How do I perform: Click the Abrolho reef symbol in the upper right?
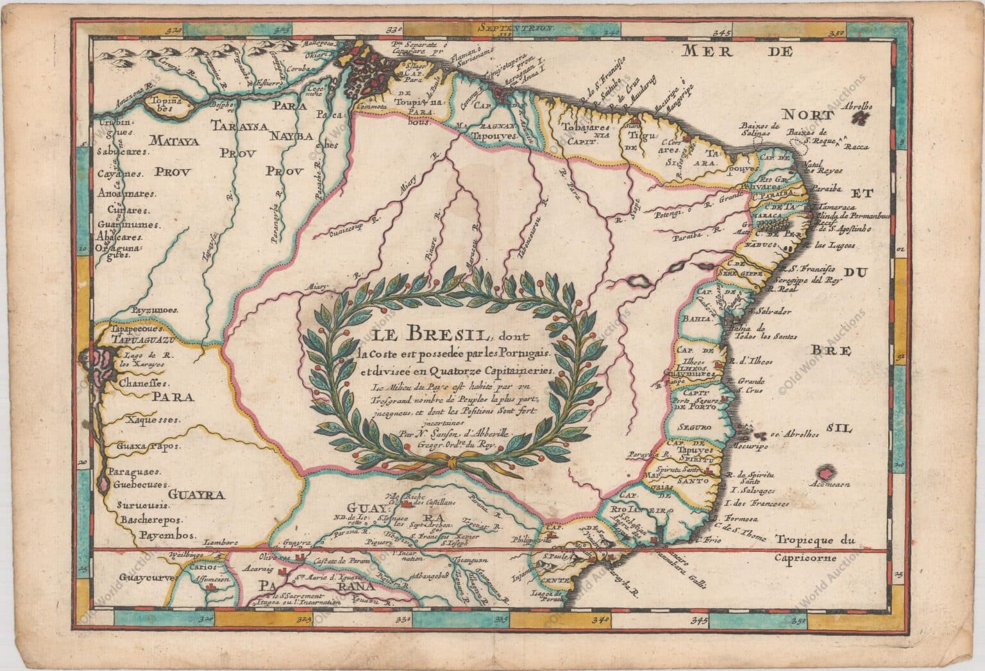pos(864,117)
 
